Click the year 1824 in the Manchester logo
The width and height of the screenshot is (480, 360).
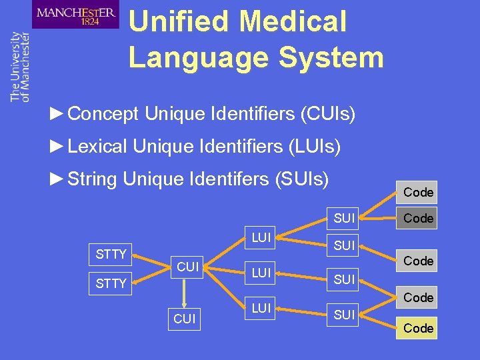pyautogui.click(x=91, y=21)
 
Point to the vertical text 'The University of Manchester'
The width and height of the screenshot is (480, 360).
pyautogui.click(x=20, y=67)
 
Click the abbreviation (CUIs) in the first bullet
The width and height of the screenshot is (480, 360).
pyautogui.click(x=327, y=114)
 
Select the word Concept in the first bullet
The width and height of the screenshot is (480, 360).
pyautogui.click(x=103, y=114)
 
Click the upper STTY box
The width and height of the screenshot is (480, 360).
pyautogui.click(x=111, y=254)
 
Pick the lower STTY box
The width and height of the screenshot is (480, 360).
pyautogui.click(x=111, y=283)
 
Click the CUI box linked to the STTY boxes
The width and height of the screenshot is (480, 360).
pyautogui.click(x=188, y=267)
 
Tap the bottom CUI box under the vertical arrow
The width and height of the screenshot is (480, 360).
pyautogui.click(x=184, y=319)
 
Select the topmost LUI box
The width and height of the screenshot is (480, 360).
pyautogui.click(x=261, y=237)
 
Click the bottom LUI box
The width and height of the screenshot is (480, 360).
pyautogui.click(x=261, y=307)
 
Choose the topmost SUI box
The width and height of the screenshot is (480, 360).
pyautogui.click(x=344, y=217)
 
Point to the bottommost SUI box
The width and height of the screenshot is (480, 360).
pyautogui.click(x=344, y=315)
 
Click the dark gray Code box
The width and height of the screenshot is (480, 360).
pyautogui.click(x=418, y=218)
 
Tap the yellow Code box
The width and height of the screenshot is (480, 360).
pyautogui.click(x=418, y=328)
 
